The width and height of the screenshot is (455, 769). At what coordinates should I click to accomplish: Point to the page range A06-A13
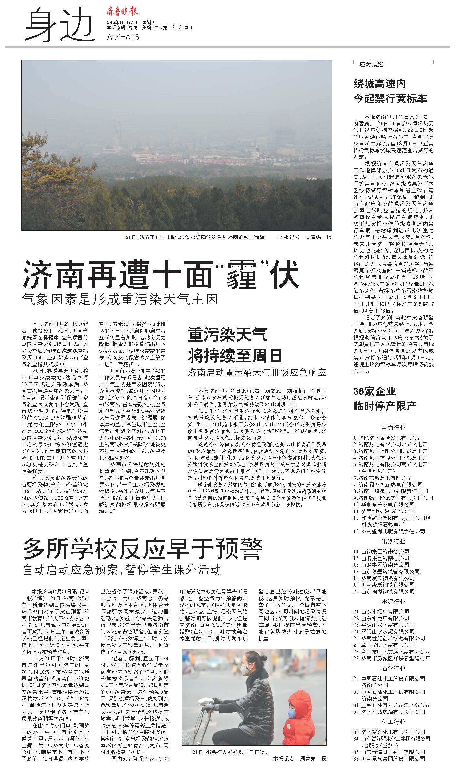pyautogui.click(x=123, y=37)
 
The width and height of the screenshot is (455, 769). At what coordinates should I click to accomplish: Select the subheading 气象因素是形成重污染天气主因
pyautogui.click(x=120, y=299)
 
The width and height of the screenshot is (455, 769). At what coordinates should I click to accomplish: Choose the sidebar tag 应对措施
pyautogui.click(x=371, y=64)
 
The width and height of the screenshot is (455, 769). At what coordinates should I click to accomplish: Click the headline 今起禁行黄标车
pyautogui.click(x=390, y=98)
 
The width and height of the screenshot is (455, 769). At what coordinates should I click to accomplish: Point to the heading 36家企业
pyautogui.click(x=374, y=391)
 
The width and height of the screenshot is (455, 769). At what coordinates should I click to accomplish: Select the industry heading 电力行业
pyautogui.click(x=393, y=428)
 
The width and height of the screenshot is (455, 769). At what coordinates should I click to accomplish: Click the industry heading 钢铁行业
pyautogui.click(x=393, y=541)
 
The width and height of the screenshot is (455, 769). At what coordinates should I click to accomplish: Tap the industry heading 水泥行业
pyautogui.click(x=393, y=602)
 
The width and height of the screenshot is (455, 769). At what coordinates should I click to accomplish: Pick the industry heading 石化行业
pyautogui.click(x=393, y=668)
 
